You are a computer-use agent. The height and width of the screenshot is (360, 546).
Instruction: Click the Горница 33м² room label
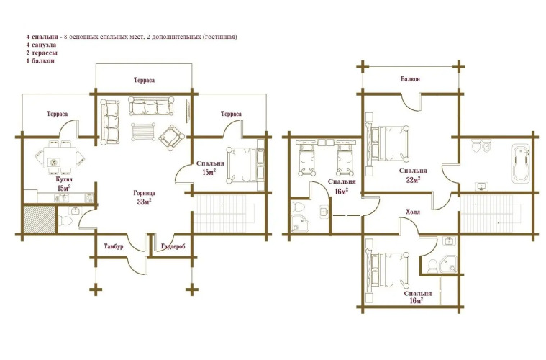click(x=144, y=197)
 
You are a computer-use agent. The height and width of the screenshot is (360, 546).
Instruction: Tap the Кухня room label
click(x=64, y=180)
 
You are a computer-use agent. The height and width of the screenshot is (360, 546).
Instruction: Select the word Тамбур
click(x=114, y=246)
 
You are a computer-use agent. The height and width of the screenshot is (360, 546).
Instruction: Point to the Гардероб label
click(x=173, y=247)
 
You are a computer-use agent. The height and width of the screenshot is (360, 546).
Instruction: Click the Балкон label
click(x=410, y=79)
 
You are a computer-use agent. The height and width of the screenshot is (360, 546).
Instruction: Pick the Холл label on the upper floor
click(x=413, y=212)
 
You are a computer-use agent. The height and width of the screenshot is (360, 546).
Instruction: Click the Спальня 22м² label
click(x=413, y=175)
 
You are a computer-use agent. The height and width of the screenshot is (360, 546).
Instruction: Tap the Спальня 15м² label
click(x=210, y=168)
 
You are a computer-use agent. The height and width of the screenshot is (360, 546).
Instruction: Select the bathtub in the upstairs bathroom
click(x=522, y=163)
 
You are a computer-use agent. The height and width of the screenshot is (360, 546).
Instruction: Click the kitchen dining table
click(x=60, y=158)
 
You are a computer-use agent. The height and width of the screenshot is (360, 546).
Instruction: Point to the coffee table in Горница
click(x=143, y=131)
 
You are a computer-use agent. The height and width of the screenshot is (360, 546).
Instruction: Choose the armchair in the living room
click(x=172, y=138)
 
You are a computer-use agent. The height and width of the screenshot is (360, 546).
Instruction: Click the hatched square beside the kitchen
click(x=39, y=220)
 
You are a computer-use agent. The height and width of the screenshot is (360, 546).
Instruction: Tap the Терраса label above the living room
click(x=144, y=80)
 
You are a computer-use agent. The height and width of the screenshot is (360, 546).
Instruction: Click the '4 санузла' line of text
click(x=41, y=45)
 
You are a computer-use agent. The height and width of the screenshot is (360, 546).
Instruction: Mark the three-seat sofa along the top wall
click(x=151, y=106)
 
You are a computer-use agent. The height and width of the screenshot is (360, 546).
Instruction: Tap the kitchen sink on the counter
click(x=61, y=198)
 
